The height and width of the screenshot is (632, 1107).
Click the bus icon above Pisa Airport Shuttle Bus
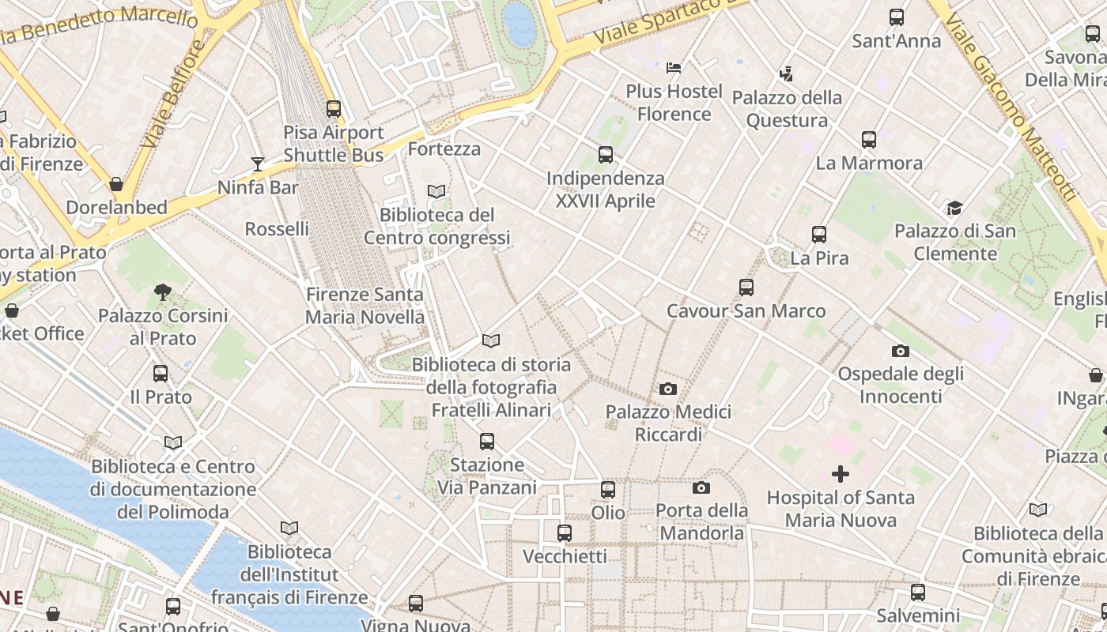point(334,109)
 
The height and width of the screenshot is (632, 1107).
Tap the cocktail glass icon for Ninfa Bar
point(258,164)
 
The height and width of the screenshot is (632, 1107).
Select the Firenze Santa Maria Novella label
point(365,306)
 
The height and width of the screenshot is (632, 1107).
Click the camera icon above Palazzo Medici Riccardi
point(668,389)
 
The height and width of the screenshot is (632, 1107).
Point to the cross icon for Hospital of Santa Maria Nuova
point(841,474)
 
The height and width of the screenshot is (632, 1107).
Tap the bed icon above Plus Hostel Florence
point(674,68)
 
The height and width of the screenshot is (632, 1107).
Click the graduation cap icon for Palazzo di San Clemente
point(954,208)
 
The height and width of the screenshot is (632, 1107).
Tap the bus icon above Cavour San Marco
point(746,288)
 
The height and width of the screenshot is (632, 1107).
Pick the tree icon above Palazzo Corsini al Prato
point(163,292)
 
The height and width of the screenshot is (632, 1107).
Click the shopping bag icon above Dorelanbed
point(116,184)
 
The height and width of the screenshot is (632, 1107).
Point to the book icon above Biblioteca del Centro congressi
point(436,191)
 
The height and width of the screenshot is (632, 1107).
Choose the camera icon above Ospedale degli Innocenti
point(900,351)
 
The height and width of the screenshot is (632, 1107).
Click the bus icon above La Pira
point(819,235)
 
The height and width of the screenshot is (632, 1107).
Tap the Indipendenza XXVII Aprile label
point(606,190)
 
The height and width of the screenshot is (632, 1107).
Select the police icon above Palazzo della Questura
point(786,74)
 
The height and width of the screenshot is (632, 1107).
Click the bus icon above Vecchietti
point(565,533)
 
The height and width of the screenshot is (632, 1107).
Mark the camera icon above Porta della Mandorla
point(701,487)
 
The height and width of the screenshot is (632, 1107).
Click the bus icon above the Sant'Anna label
point(897,17)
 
